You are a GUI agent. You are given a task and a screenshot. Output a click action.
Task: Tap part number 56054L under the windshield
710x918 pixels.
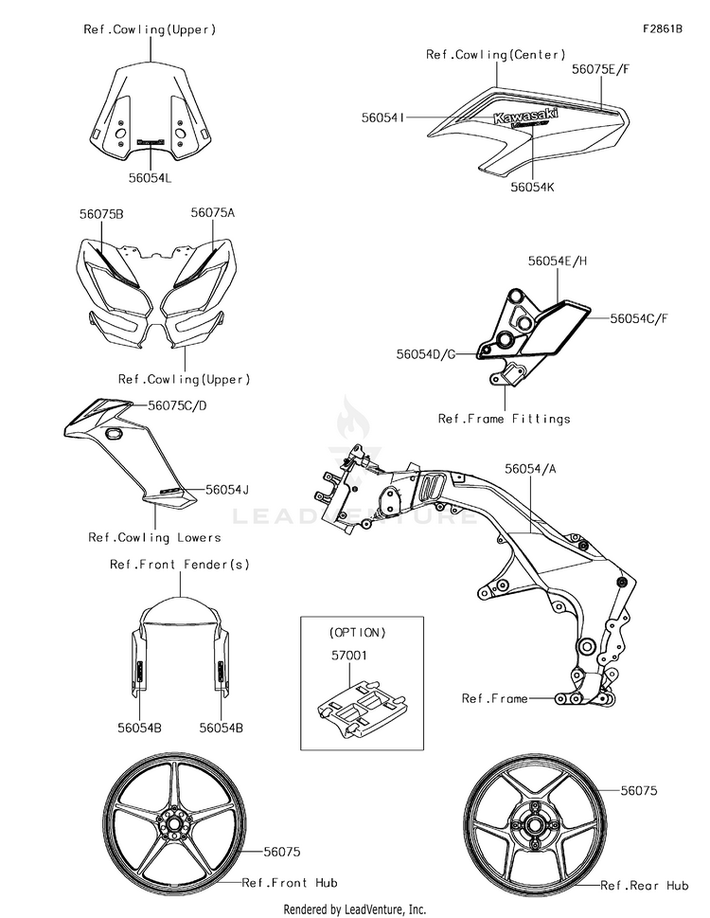[151, 176]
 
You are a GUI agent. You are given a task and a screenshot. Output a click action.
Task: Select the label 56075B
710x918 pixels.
[101, 214]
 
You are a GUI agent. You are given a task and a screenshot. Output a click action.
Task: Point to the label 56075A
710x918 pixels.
[212, 213]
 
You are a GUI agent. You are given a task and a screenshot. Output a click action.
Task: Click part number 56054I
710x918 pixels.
[383, 117]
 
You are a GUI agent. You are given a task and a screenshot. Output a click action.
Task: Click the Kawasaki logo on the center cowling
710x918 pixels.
[524, 117]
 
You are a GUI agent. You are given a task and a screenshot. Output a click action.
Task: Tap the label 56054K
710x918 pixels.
[532, 188]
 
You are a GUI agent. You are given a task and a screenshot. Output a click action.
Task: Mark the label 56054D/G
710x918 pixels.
[426, 353]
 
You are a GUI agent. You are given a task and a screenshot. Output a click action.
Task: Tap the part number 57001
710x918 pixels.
[349, 654]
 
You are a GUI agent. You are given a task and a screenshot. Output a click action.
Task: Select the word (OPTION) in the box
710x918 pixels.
[358, 631]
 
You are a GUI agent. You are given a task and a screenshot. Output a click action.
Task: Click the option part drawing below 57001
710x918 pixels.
[358, 707]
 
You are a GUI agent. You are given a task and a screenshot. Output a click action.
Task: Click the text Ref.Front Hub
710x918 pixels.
[289, 882]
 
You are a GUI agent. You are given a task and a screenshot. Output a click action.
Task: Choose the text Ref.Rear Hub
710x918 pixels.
[645, 885]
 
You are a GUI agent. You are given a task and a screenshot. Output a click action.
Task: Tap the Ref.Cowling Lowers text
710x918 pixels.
[154, 537]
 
